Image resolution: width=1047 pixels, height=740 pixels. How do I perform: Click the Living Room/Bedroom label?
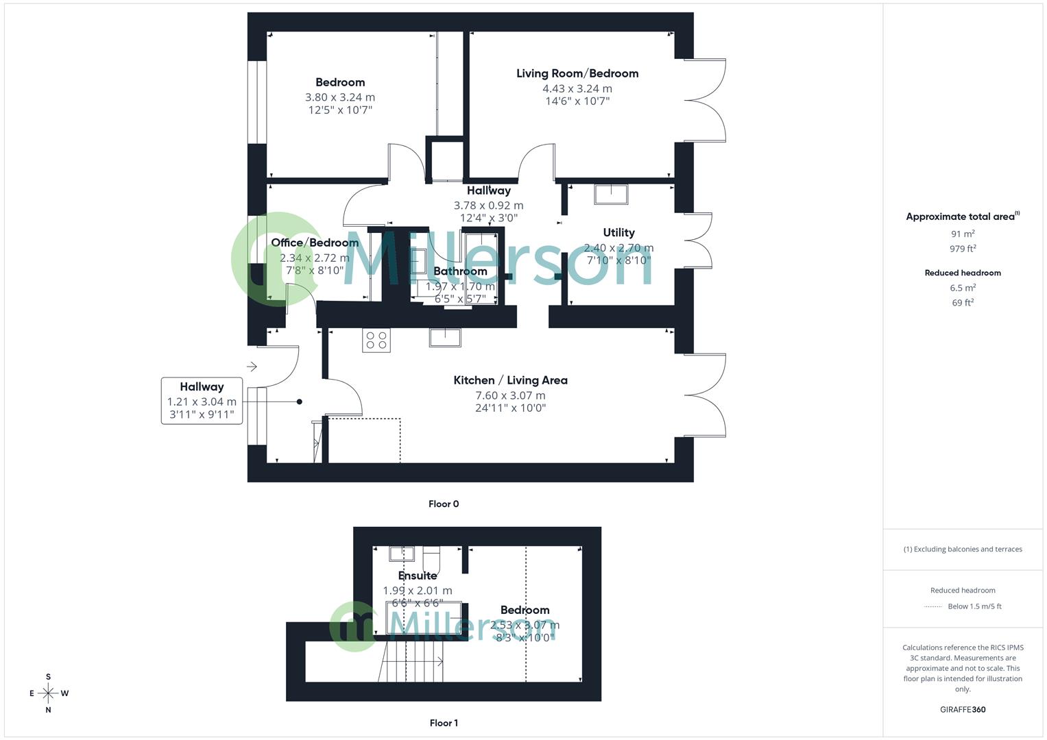(577, 73)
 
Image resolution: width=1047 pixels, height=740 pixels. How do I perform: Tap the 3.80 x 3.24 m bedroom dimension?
(340, 97)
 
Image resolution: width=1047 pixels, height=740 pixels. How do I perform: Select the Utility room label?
(618, 232)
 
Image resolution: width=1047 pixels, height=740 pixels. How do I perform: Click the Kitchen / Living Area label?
(510, 380)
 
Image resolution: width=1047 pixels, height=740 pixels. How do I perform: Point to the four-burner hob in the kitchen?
(376, 341)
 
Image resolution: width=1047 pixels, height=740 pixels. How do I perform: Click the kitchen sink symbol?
(445, 337)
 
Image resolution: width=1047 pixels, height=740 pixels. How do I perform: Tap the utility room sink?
(610, 194)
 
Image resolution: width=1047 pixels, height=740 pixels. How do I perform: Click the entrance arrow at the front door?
(252, 367)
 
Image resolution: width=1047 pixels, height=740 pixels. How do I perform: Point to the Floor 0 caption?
(444, 504)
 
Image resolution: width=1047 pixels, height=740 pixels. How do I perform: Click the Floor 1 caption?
(444, 723)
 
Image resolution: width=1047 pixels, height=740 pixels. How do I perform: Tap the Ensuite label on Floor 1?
(417, 576)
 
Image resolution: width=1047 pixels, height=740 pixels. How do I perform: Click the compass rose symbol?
(48, 693)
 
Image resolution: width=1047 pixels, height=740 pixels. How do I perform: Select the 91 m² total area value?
(963, 234)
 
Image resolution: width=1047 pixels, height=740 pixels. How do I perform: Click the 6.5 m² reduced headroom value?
(963, 288)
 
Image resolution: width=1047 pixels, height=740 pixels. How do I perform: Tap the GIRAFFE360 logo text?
(963, 709)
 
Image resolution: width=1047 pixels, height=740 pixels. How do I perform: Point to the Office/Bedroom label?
(315, 243)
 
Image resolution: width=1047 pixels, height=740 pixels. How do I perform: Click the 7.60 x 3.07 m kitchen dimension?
(510, 395)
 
